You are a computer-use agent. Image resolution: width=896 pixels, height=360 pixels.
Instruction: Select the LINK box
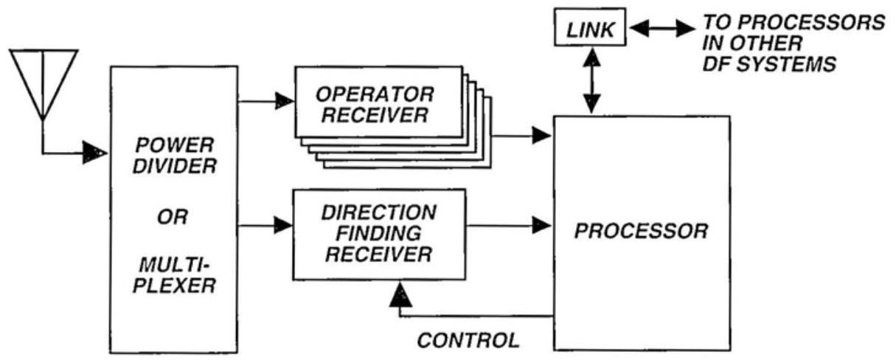click(x=590, y=30)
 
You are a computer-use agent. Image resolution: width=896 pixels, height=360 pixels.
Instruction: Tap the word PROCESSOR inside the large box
click(x=641, y=232)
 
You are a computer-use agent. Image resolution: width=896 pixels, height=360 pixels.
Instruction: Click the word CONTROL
click(x=468, y=341)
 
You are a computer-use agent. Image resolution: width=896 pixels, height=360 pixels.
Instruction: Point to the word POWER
click(x=174, y=142)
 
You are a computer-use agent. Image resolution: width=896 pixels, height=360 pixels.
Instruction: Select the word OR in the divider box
click(x=174, y=218)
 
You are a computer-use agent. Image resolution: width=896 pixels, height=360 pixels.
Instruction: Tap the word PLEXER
click(x=174, y=285)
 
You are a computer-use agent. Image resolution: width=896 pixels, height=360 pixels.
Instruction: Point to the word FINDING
click(x=378, y=234)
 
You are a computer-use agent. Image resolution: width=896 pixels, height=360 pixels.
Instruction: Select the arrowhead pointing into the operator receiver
click(x=282, y=102)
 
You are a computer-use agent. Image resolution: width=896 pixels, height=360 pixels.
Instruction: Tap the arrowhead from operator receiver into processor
click(x=542, y=136)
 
